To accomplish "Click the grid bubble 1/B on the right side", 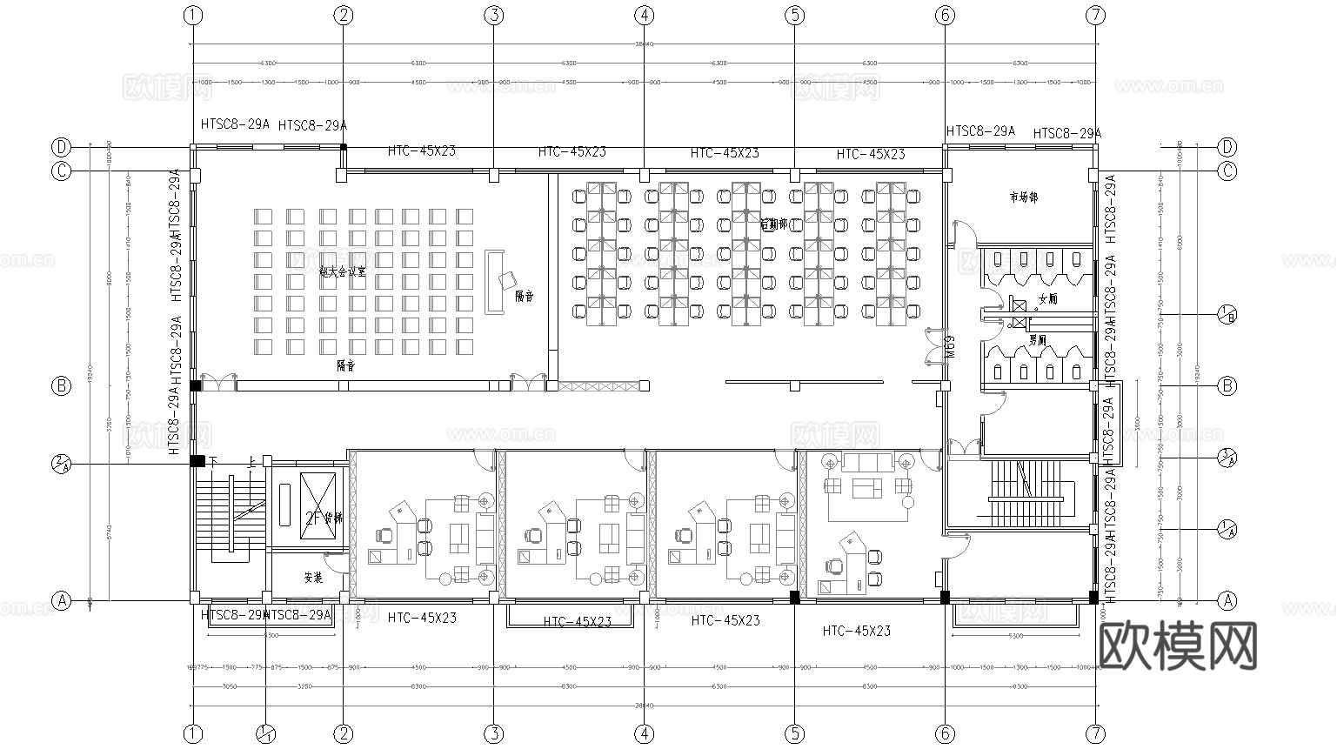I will click(x=1227, y=313).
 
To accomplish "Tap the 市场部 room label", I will click(x=1023, y=198).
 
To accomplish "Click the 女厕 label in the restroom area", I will click(x=1047, y=299).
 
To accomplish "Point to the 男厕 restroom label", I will click(x=1037, y=339).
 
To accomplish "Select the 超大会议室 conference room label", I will click(x=343, y=271).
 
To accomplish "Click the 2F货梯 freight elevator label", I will click(x=321, y=519).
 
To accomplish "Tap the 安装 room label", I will click(x=313, y=577).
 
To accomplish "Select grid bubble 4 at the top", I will click(x=644, y=15).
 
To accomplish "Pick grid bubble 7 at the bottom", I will click(x=1095, y=734).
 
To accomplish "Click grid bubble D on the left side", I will click(x=61, y=146).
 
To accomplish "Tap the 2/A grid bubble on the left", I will click(x=61, y=463).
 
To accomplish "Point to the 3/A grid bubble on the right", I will click(x=1227, y=457).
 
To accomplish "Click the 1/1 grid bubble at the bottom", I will click(x=267, y=734).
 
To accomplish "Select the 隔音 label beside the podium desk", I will click(x=525, y=297).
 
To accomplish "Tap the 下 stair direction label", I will click(x=212, y=461).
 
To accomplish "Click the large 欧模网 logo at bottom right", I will click(x=1179, y=646).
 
